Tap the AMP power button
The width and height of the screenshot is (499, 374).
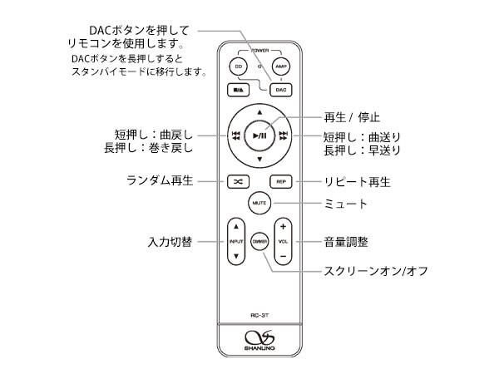coord(281,66)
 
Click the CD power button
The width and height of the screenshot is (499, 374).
coord(239,66)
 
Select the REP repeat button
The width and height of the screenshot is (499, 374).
coord(282,180)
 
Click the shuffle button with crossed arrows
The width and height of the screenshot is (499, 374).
coord(238,180)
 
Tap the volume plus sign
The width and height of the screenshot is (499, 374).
coord(283,226)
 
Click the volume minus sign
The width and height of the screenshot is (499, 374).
coord(283,257)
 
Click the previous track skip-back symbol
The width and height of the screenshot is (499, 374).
coord(236,135)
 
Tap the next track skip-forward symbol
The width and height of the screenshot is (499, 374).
coord(284,135)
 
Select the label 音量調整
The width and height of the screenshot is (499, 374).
coord(346,242)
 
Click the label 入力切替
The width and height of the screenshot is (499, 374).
coord(170,242)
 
